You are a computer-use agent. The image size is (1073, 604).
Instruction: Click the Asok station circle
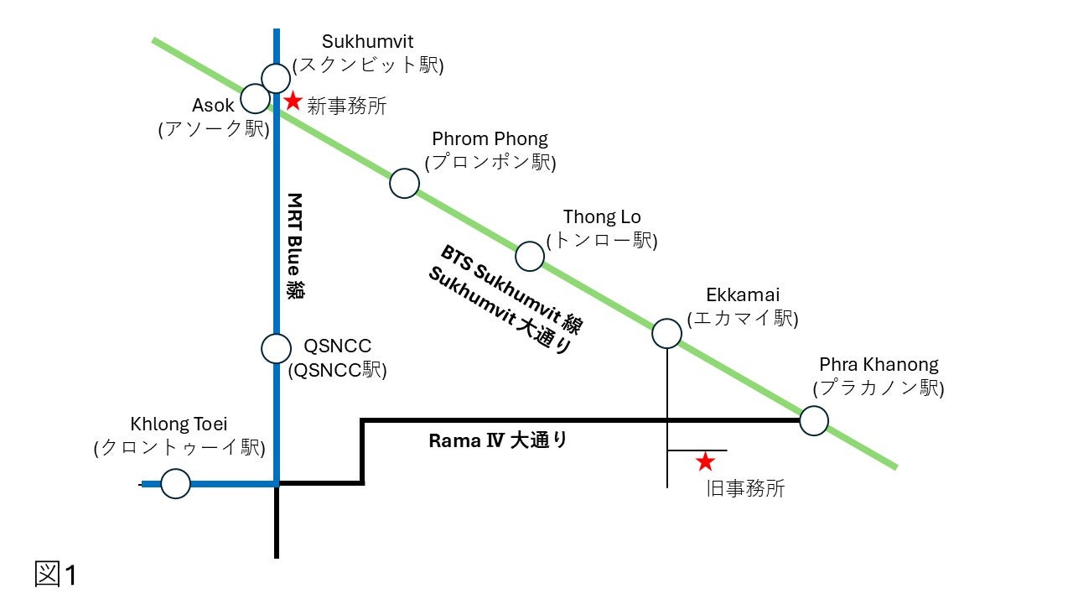click(255, 97)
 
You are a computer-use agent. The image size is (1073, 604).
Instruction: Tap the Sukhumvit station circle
click(276, 77)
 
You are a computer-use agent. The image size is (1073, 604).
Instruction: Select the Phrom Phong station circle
click(405, 183)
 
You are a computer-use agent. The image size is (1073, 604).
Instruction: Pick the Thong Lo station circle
click(530, 256)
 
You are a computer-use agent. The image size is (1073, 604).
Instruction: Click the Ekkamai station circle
click(667, 333)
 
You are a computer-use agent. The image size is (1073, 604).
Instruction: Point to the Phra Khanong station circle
click(814, 420)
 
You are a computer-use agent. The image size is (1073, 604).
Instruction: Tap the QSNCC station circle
click(276, 347)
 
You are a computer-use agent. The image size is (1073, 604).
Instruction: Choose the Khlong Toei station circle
click(175, 484)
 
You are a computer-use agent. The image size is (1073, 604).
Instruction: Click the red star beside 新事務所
click(293, 102)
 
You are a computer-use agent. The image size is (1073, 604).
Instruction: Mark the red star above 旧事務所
click(706, 461)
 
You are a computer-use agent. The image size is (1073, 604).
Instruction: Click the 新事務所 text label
click(346, 107)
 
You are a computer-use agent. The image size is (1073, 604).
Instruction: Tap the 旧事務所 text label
click(745, 489)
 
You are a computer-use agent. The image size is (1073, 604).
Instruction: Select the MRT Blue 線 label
click(294, 247)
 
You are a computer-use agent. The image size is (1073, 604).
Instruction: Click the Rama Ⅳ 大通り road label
click(498, 440)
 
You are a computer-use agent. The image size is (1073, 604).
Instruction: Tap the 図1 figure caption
click(56, 575)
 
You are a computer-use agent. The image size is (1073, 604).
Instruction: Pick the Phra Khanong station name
click(879, 365)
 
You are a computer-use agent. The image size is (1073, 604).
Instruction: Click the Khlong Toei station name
click(179, 424)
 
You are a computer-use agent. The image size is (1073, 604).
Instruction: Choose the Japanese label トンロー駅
click(601, 241)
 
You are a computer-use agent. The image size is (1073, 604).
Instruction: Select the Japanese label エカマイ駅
click(742, 319)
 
